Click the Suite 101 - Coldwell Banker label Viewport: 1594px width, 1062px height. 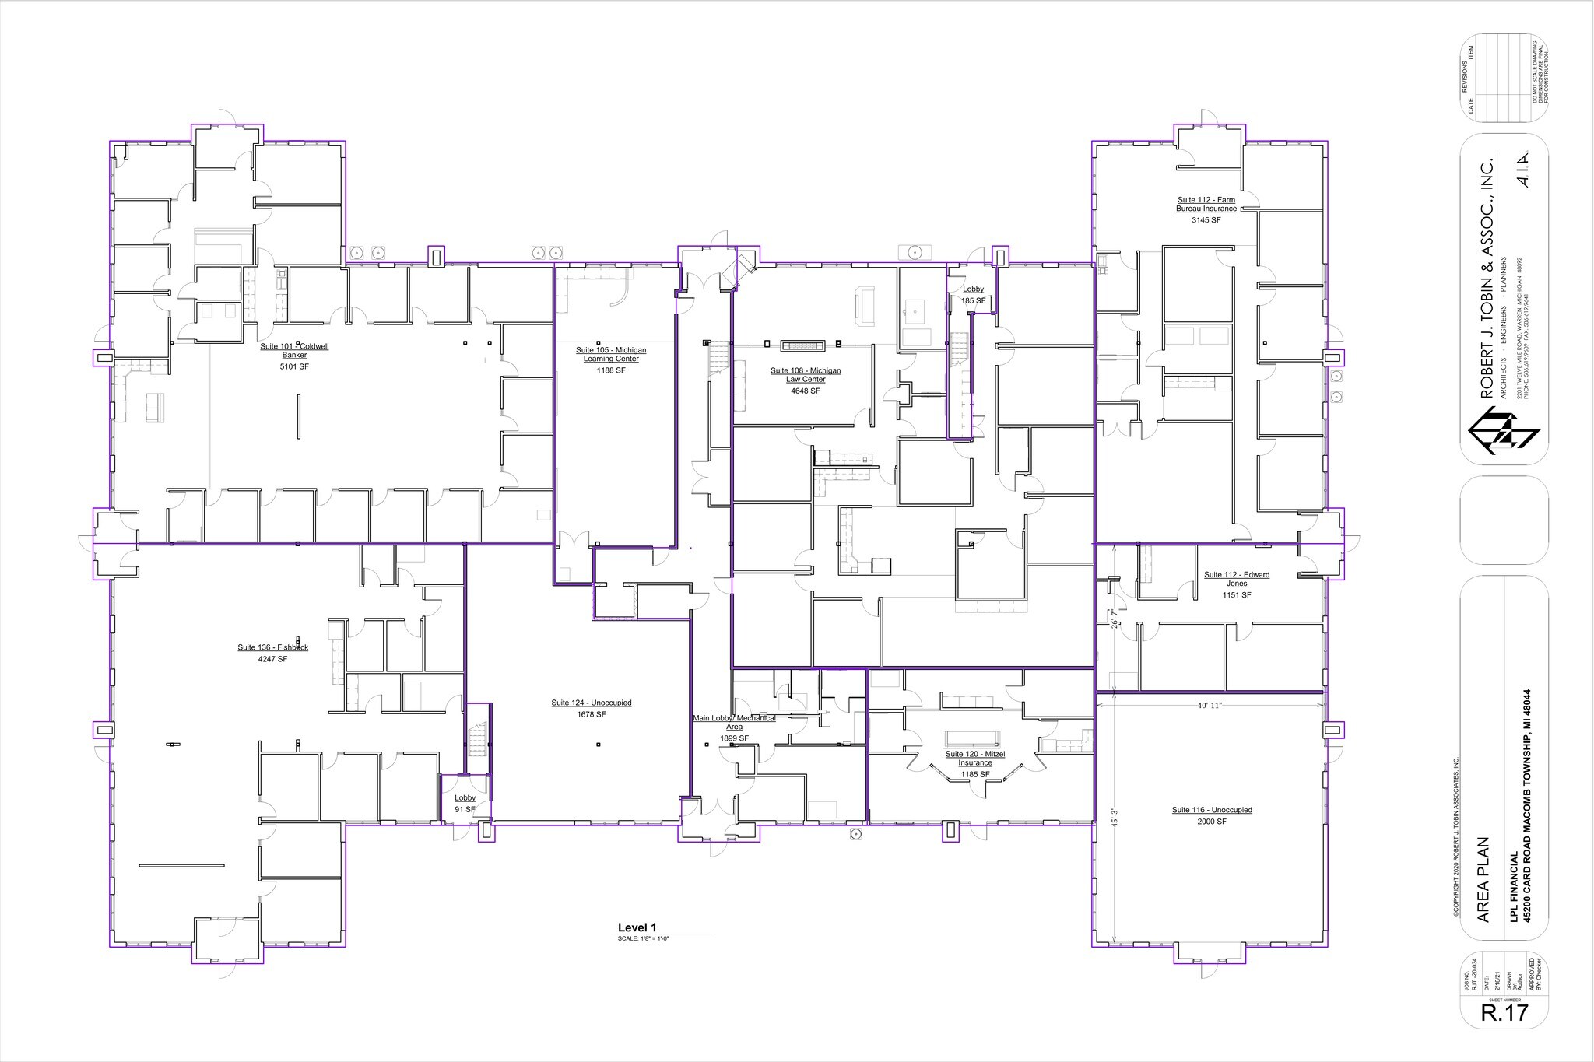pos(294,351)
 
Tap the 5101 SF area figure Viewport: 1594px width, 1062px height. pos(294,366)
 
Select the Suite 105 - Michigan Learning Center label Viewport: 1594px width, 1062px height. pos(611,355)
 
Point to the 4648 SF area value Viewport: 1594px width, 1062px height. pos(806,391)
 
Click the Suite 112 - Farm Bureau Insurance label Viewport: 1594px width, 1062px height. pos(1206,205)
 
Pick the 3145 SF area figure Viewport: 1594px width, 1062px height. pos(1206,220)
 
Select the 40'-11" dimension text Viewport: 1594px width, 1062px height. pos(1210,706)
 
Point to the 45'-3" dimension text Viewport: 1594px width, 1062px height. pos(1115,817)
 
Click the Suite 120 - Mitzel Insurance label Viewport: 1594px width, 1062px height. pos(975,759)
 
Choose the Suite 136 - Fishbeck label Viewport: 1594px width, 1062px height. pos(273,647)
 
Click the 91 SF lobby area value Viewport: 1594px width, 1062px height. pos(465,810)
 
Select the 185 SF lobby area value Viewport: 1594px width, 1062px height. pos(973,300)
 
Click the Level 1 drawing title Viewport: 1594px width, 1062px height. pos(637,927)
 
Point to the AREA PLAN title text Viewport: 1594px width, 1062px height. pos(1483,879)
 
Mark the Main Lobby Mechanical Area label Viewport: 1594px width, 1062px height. pos(734,722)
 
